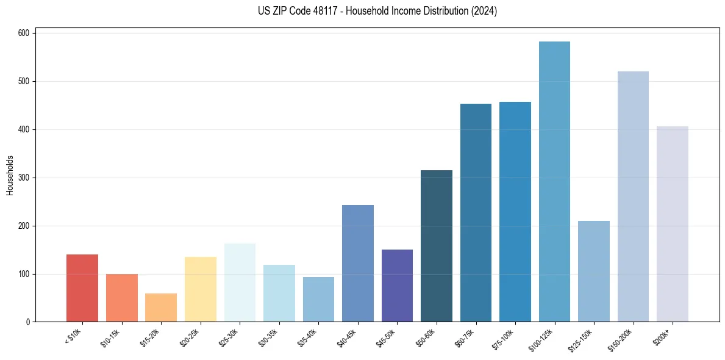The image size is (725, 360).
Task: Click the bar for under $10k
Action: click(x=82, y=288)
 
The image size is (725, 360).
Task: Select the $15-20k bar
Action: click(x=161, y=308)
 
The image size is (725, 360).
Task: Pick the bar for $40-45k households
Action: click(x=358, y=264)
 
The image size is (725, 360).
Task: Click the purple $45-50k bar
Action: click(x=397, y=286)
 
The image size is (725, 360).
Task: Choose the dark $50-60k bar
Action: click(x=437, y=246)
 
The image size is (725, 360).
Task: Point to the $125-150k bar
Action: click(x=594, y=272)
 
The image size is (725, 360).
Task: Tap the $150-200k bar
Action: click(x=633, y=196)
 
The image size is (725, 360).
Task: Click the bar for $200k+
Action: click(x=673, y=224)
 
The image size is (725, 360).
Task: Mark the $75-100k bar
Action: click(x=515, y=212)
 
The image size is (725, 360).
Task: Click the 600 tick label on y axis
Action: click(x=24, y=33)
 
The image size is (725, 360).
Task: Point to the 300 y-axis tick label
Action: click(x=24, y=178)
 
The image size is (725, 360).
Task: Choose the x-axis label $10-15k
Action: click(x=115, y=337)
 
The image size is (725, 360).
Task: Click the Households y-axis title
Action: click(x=10, y=175)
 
